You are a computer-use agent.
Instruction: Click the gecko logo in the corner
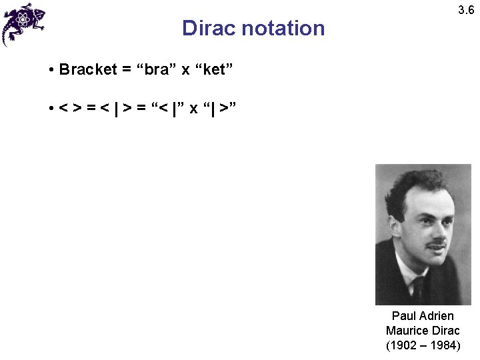23,23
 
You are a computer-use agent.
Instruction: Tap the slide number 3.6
466,10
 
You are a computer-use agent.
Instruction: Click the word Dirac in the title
208,29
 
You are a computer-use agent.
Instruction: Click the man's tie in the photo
419,287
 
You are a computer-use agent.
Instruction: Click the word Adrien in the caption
437,316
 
